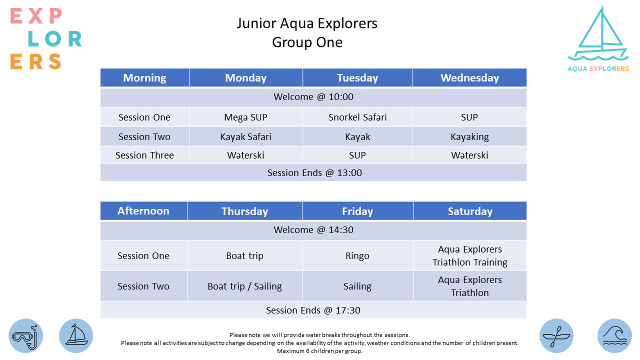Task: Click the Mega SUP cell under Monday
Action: coord(245,117)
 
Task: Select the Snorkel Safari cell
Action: coord(357,117)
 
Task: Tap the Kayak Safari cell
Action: coord(245,136)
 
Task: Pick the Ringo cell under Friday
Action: coord(357,255)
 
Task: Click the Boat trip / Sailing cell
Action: coord(244,286)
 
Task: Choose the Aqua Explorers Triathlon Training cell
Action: coord(470,255)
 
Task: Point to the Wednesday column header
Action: coord(469,77)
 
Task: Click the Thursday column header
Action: coord(244,211)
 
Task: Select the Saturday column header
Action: coord(470,211)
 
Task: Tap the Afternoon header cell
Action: coord(143,211)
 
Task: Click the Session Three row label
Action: coord(144,155)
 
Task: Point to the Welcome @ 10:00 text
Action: coord(313,97)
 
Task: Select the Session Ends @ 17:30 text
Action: coord(313,310)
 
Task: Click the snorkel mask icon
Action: coord(25,336)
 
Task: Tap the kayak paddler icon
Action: coord(556,336)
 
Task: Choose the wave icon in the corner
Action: coord(614,336)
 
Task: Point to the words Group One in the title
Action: coord(307,42)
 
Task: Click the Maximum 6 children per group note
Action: coord(319,351)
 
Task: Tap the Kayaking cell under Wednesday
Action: coord(469,136)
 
